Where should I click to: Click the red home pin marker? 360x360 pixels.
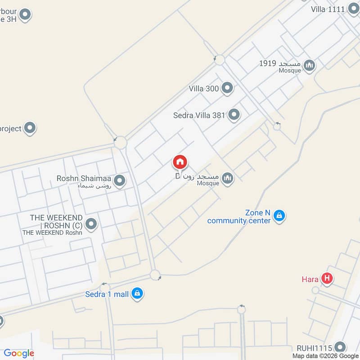pos(180,162)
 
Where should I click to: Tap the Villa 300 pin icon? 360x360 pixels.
pos(227,88)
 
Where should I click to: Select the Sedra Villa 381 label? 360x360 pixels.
pos(199,115)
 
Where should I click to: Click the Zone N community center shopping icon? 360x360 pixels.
pos(279,216)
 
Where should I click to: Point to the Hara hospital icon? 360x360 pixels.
pos(328,279)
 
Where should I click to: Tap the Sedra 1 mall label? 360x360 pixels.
pos(107,294)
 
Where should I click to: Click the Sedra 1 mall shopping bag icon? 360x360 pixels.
pos(138,294)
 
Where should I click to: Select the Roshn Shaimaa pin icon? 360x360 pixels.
pos(119,181)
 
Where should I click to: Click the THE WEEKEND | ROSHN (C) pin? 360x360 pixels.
pos(91,224)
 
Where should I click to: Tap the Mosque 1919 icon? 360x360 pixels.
pos(309,66)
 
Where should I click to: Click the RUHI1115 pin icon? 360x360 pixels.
pos(340,347)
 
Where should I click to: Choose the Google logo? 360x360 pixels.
pos(19,353)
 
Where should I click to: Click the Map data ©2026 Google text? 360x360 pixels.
pos(325,355)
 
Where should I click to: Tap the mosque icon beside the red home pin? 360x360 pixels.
pos(228,179)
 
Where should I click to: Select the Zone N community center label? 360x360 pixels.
pos(239,216)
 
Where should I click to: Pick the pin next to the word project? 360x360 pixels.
pos(30,128)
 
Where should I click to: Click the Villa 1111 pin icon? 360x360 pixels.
pos(353,9)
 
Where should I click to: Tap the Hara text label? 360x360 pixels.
pos(310,279)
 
